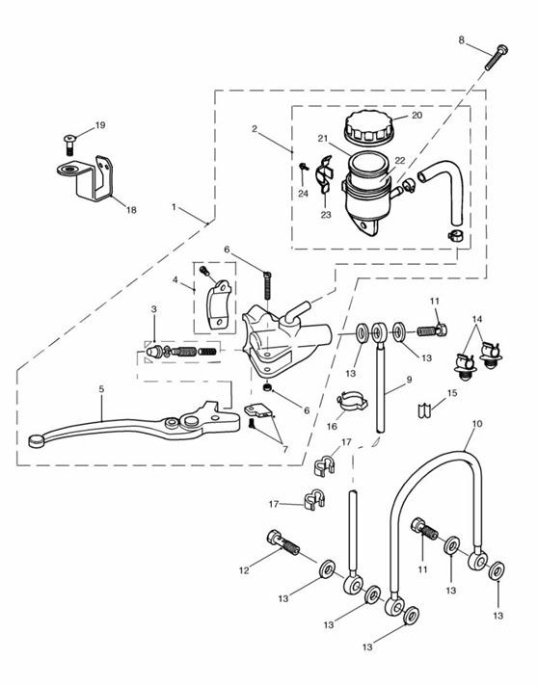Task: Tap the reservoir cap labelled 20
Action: point(369,125)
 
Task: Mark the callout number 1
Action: point(174,207)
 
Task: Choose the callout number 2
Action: point(254,128)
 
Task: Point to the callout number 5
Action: point(100,390)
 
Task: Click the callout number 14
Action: point(475,319)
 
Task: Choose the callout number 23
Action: point(326,214)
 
